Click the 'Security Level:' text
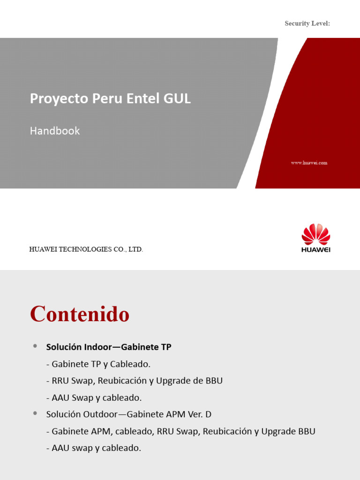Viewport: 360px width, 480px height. click(x=307, y=23)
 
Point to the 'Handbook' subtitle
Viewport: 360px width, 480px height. click(x=55, y=131)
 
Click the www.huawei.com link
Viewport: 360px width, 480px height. click(x=309, y=163)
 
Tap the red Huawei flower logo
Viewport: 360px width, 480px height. click(x=316, y=234)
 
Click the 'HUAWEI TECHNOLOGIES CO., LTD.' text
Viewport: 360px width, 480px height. click(x=86, y=249)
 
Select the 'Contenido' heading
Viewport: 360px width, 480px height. click(x=80, y=314)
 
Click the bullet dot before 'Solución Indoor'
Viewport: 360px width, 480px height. click(x=35, y=346)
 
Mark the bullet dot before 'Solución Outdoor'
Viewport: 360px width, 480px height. click(x=35, y=413)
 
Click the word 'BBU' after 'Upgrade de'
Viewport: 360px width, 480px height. click(x=214, y=381)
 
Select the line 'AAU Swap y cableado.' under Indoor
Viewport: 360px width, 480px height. click(x=94, y=397)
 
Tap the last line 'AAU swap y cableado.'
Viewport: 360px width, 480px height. click(x=94, y=448)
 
